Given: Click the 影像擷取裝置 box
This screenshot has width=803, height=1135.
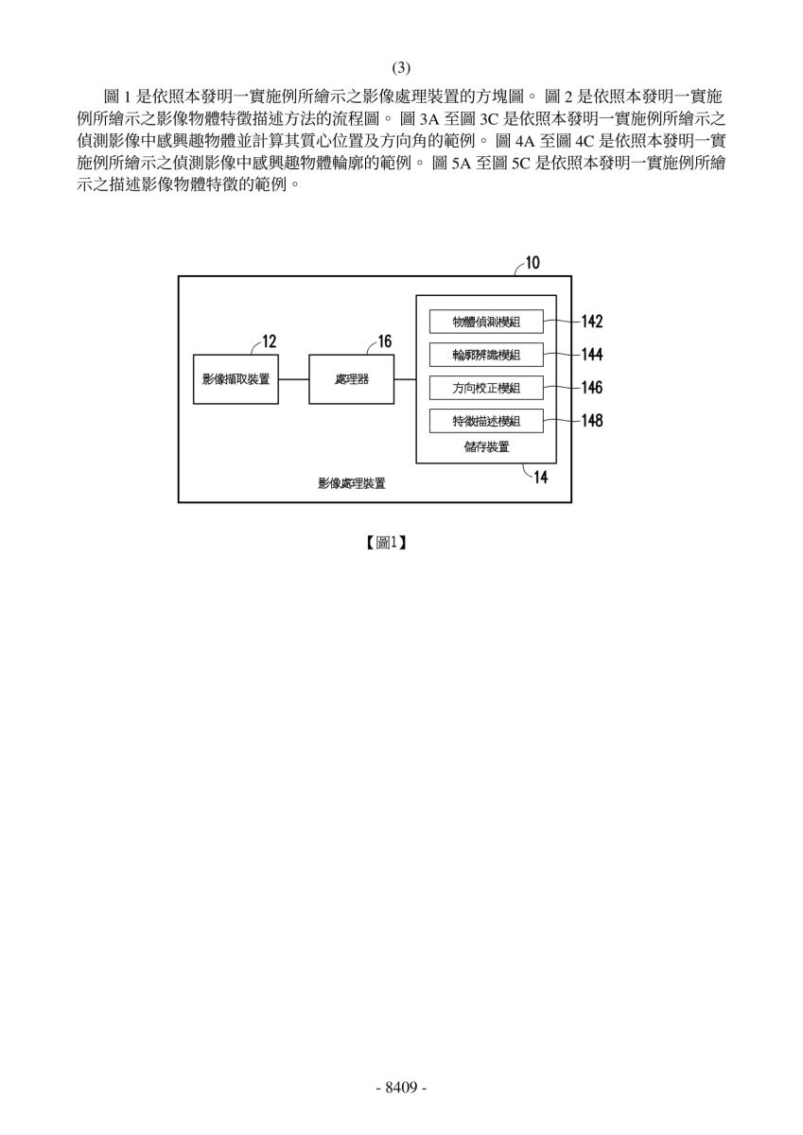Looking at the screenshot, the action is click(236, 379).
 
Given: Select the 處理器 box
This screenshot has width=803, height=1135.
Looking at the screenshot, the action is click(351, 379).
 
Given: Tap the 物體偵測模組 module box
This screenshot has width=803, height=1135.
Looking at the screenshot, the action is click(486, 322).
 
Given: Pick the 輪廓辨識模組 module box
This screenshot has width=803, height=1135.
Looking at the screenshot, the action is click(486, 355).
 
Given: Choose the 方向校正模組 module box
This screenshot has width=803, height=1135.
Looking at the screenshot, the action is click(486, 388).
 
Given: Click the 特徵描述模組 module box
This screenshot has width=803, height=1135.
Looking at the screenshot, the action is click(486, 421).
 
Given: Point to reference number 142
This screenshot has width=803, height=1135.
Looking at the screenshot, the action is click(592, 322).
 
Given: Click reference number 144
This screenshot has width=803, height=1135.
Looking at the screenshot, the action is click(592, 354).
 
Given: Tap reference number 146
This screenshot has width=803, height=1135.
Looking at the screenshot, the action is click(592, 388).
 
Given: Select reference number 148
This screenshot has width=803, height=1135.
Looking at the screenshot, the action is click(592, 421).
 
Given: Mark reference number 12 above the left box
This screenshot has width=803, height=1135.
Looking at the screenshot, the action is click(270, 341).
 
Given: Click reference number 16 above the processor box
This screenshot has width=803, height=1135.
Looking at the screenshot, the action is click(385, 341).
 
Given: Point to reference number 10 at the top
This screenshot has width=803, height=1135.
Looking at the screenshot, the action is click(532, 263).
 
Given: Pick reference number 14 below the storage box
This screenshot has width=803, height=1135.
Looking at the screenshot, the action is click(541, 478).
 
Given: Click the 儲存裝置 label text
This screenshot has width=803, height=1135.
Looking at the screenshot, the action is click(486, 446).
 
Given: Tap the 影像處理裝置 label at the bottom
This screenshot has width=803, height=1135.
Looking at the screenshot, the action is click(352, 483).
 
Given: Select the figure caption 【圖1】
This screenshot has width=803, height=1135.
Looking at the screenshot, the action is click(386, 543).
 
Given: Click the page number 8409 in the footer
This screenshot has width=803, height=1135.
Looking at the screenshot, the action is click(401, 1088).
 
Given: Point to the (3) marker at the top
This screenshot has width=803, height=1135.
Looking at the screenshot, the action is click(401, 67).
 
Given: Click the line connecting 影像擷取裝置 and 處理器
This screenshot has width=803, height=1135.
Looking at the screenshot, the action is click(294, 379).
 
